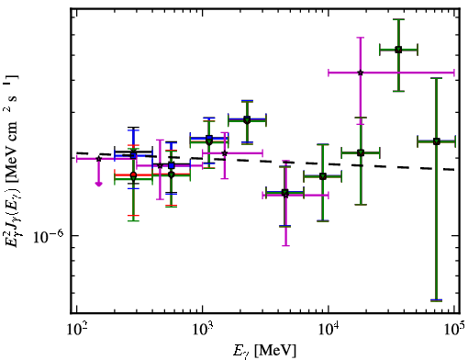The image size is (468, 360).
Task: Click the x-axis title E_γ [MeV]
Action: [264, 351]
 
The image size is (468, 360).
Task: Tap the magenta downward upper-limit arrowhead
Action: [98, 184]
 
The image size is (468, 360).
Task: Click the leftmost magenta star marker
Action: [98, 159]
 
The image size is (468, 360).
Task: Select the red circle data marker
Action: [133, 175]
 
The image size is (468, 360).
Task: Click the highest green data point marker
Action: [398, 50]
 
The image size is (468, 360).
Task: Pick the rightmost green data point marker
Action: [437, 141]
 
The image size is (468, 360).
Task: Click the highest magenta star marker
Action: [361, 73]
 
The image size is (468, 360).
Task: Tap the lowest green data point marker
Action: [285, 193]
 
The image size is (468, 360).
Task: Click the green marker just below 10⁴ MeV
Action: [323, 176]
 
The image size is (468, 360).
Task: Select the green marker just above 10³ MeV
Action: [209, 141]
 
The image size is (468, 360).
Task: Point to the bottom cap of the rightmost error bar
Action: [437, 300]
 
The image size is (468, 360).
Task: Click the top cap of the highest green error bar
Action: [398, 19]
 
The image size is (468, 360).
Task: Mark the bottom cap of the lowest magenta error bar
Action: [285, 245]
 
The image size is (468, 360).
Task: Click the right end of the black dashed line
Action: [455, 170]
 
